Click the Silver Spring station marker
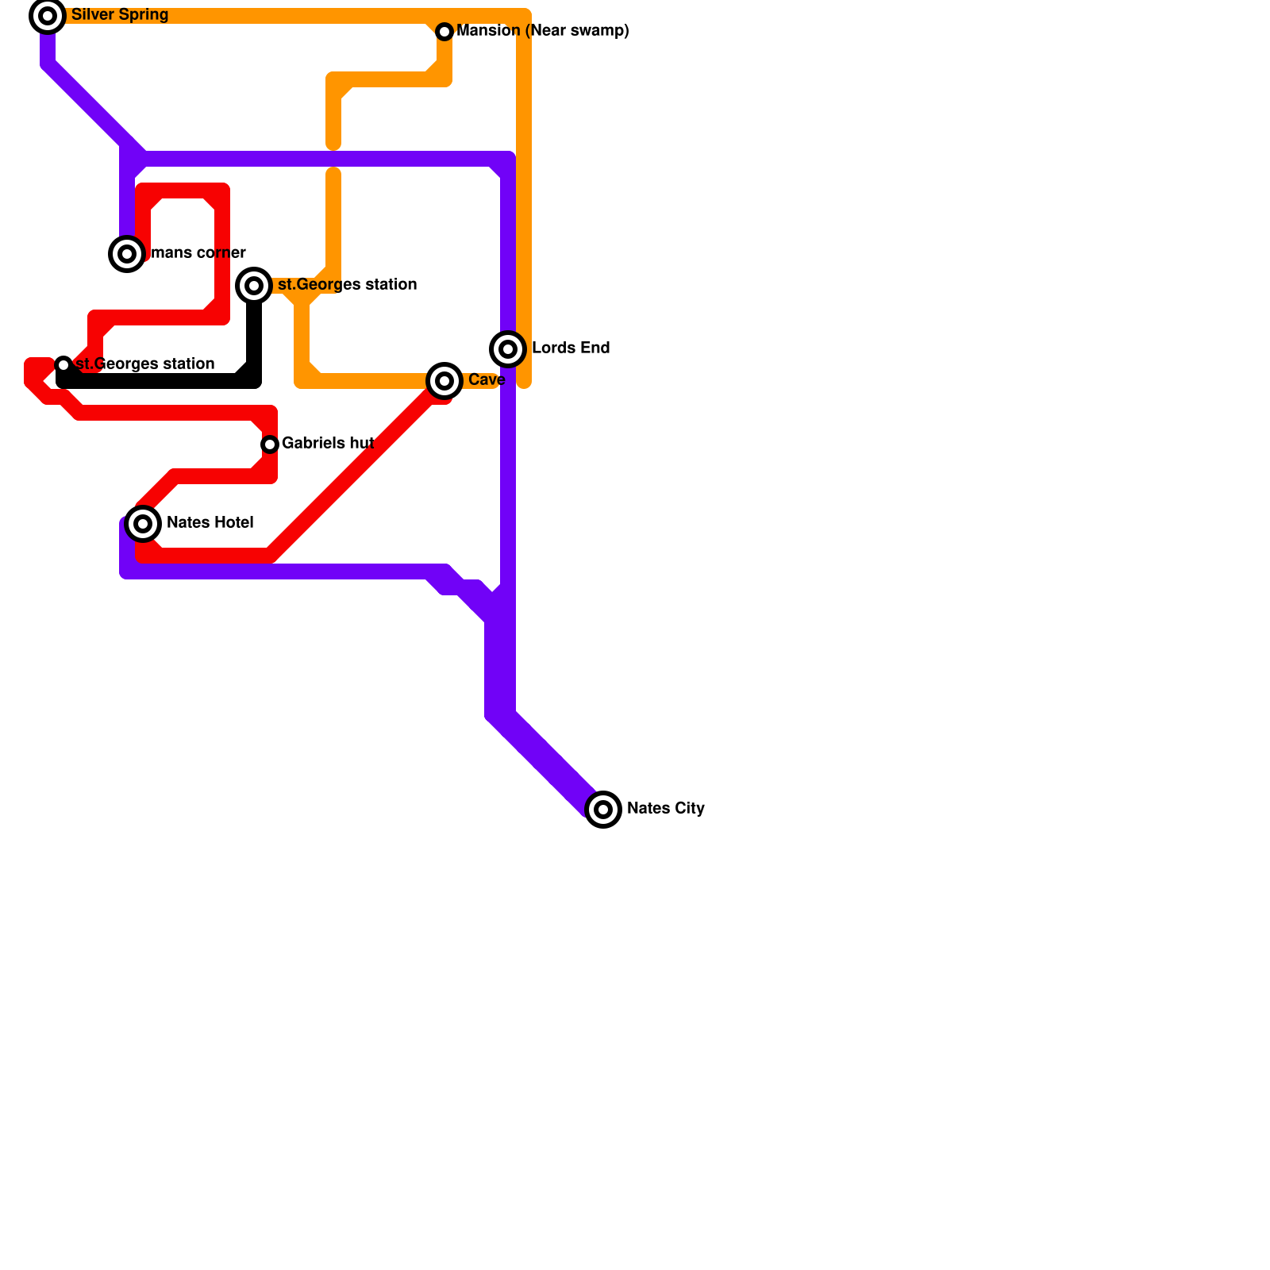click(x=48, y=16)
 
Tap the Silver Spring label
click(x=119, y=15)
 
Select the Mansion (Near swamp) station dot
click(x=444, y=31)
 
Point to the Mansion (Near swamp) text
click(x=543, y=31)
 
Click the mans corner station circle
click(x=127, y=254)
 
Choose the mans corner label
click(x=198, y=253)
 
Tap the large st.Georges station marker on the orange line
click(x=254, y=285)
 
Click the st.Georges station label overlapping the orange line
click(x=347, y=285)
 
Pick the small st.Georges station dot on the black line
click(x=63, y=365)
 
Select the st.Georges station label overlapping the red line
click(x=145, y=364)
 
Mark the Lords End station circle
click(x=508, y=349)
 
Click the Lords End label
click(x=570, y=348)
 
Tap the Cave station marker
click(x=444, y=381)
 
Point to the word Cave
click(x=487, y=380)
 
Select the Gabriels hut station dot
click(x=270, y=444)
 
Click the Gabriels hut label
click(x=327, y=444)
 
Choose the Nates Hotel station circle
click(x=143, y=524)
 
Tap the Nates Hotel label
click(x=210, y=523)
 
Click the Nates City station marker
click(x=603, y=810)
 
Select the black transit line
click(x=159, y=382)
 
